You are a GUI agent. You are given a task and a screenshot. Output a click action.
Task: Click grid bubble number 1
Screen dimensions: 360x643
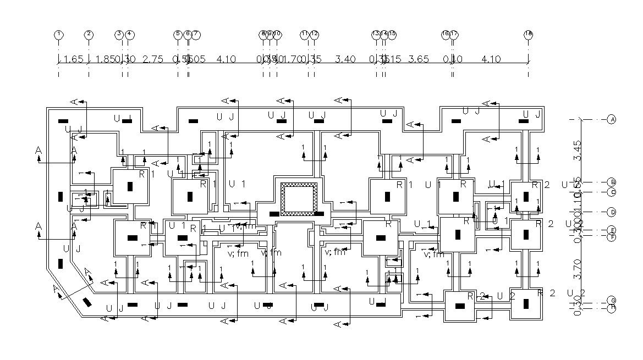click(x=58, y=34)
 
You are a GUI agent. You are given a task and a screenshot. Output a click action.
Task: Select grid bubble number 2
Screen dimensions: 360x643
click(x=89, y=34)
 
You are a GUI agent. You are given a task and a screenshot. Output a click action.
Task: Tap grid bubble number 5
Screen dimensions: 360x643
click(x=178, y=34)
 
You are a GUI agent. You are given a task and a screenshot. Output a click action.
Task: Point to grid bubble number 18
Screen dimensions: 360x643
click(x=528, y=34)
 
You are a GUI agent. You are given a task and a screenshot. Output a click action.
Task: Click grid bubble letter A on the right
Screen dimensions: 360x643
click(x=611, y=119)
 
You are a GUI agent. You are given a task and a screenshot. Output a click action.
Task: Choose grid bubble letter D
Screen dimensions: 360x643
click(x=611, y=212)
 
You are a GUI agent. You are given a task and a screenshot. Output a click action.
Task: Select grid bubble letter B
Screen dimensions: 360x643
click(x=611, y=182)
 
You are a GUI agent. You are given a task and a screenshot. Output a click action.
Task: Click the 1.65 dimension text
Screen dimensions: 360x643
click(x=73, y=59)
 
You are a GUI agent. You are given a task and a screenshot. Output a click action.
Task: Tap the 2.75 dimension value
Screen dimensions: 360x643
click(x=153, y=59)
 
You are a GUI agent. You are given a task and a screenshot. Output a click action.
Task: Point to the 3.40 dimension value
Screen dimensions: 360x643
click(x=345, y=59)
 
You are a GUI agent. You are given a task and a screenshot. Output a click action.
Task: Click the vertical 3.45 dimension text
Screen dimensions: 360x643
click(x=577, y=150)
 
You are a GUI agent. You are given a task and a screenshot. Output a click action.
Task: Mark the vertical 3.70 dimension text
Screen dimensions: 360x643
click(x=577, y=269)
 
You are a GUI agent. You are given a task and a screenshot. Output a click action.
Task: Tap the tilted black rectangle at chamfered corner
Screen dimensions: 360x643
click(x=87, y=302)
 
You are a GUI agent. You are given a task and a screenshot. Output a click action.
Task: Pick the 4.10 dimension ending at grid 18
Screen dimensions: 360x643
click(x=491, y=59)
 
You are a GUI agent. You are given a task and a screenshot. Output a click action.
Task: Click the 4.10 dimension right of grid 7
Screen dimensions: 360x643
click(x=226, y=59)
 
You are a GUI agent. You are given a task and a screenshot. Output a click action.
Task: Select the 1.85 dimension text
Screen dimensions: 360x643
click(x=106, y=59)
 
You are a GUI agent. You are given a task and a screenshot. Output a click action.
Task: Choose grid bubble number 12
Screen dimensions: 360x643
click(x=314, y=34)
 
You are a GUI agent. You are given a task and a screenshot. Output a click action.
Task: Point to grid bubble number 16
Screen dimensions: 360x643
click(x=446, y=34)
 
